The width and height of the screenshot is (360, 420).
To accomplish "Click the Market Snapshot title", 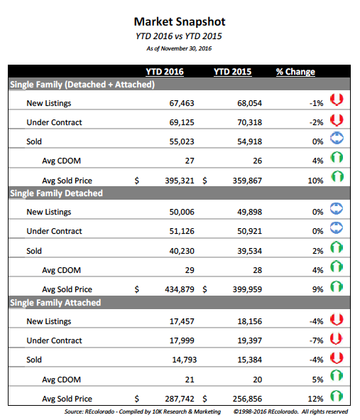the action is pyautogui.click(x=180, y=22).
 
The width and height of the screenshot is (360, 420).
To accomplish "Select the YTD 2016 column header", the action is pyautogui.click(x=165, y=72).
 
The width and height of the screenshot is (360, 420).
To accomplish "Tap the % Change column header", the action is pyautogui.click(x=295, y=72).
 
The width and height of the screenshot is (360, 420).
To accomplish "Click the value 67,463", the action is pyautogui.click(x=182, y=103).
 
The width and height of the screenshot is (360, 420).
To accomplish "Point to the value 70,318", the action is pyautogui.click(x=249, y=122).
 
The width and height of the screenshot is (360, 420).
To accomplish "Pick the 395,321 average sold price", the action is pyautogui.click(x=180, y=181).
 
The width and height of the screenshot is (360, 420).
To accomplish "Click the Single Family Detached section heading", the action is pyautogui.click(x=57, y=193).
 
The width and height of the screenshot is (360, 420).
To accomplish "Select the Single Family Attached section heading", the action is pyautogui.click(x=55, y=303).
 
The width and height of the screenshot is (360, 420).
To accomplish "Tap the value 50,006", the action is pyautogui.click(x=182, y=212).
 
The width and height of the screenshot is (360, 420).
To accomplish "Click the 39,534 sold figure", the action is pyautogui.click(x=249, y=251).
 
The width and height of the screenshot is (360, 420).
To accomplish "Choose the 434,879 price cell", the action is pyautogui.click(x=180, y=289).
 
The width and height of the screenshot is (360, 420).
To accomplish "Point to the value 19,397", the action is pyautogui.click(x=249, y=340).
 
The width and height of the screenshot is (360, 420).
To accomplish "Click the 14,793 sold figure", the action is pyautogui.click(x=184, y=360).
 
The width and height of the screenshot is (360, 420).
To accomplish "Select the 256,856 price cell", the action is pyautogui.click(x=247, y=399).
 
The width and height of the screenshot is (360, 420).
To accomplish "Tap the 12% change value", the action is pyautogui.click(x=315, y=399).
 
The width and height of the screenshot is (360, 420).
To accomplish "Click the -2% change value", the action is pyautogui.click(x=316, y=122).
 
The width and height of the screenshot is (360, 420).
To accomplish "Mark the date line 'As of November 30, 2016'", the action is pyautogui.click(x=179, y=48).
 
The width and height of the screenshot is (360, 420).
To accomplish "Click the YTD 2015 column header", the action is pyautogui.click(x=233, y=72).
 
